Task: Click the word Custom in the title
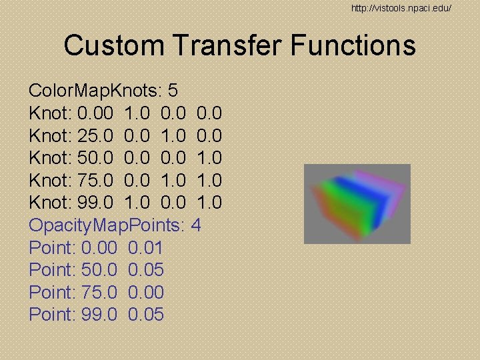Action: click(113, 46)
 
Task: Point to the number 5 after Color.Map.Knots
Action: click(172, 91)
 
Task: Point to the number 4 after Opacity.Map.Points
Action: click(195, 225)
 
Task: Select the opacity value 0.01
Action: click(145, 248)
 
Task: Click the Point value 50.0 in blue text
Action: click(99, 270)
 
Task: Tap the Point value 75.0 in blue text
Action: click(99, 293)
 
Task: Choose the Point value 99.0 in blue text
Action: click(99, 315)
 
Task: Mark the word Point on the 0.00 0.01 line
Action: click(51, 248)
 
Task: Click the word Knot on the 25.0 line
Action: click(50, 136)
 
